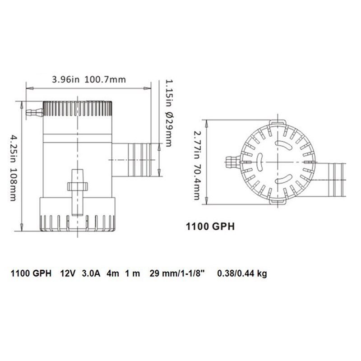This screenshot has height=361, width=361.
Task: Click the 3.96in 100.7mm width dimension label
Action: pos(89,80)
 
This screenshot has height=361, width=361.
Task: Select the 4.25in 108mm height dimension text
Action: pos(13,168)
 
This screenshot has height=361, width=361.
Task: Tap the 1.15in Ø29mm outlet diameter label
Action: pos(168,113)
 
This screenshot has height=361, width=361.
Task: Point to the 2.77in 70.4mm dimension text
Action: pos(197,165)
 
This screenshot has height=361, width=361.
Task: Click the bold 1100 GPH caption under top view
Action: pos(210,227)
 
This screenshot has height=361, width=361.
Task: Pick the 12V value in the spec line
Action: pos(68,273)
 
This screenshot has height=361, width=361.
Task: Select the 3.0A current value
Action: pos(91,273)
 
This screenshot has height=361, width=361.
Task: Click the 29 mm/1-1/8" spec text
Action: pos(177,273)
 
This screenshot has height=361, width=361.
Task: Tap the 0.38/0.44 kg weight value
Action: pos(242,273)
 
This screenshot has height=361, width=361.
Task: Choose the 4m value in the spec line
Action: pos(113,273)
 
